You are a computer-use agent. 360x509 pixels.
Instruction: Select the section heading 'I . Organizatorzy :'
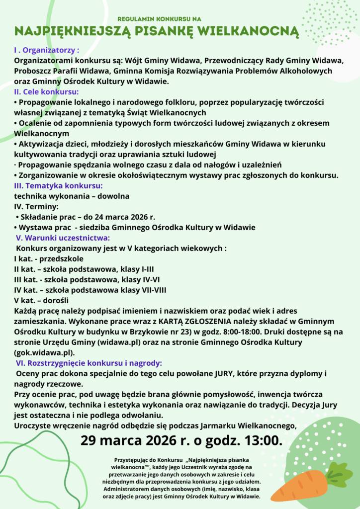(47, 50)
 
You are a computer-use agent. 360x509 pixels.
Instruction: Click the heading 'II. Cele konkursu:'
(46, 92)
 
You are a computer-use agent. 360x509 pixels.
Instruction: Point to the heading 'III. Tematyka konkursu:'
(58, 186)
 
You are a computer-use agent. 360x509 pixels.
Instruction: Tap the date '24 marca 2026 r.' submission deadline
(125, 217)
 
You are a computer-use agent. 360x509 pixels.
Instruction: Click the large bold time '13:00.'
(258, 440)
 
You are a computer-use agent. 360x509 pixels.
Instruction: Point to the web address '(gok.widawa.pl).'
(45, 352)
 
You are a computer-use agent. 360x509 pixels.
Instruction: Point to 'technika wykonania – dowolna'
(72, 196)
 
